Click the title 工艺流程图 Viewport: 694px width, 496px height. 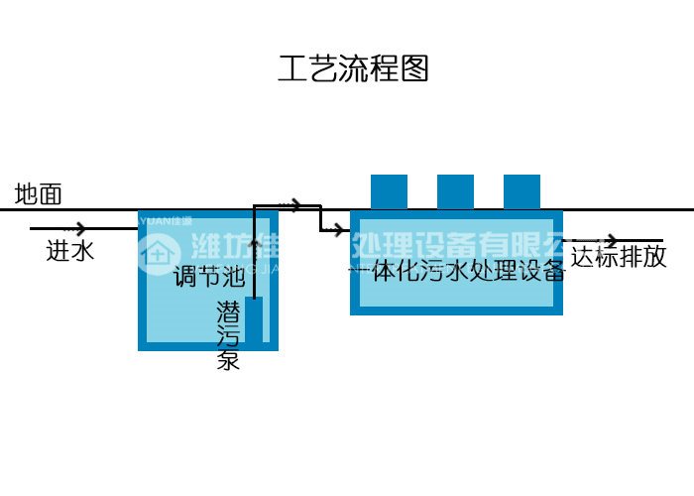(x=353, y=68)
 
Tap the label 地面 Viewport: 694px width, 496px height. (x=38, y=194)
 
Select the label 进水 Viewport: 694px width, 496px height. (x=70, y=251)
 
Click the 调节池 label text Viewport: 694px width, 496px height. (x=208, y=276)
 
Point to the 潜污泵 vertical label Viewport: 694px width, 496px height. (x=229, y=335)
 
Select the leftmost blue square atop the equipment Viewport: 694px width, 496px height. (x=389, y=191)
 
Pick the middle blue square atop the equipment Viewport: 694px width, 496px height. (x=455, y=191)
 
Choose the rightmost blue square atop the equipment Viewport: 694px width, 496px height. (x=521, y=191)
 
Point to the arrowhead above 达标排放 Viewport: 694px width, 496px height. (x=612, y=241)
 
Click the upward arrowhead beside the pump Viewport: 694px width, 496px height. (x=255, y=242)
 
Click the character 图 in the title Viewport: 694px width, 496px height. (x=414, y=68)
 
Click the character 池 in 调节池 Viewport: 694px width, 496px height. (x=232, y=276)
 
